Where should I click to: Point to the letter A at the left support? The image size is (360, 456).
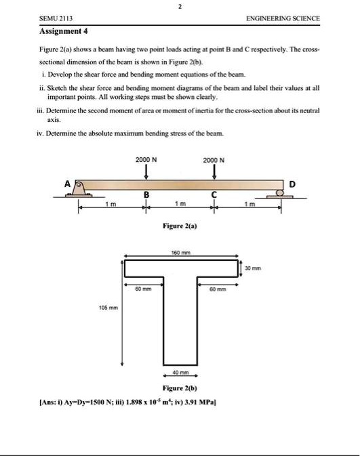[x=67, y=183]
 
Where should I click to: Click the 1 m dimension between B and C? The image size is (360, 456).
[x=178, y=205]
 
